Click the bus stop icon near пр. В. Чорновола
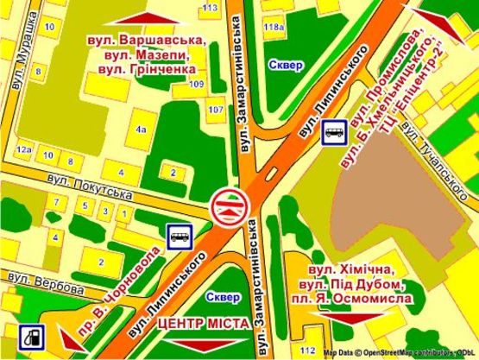[180, 235]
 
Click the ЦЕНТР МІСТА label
[204, 324]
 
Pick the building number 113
[209, 7]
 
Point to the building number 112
[307, 349]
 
